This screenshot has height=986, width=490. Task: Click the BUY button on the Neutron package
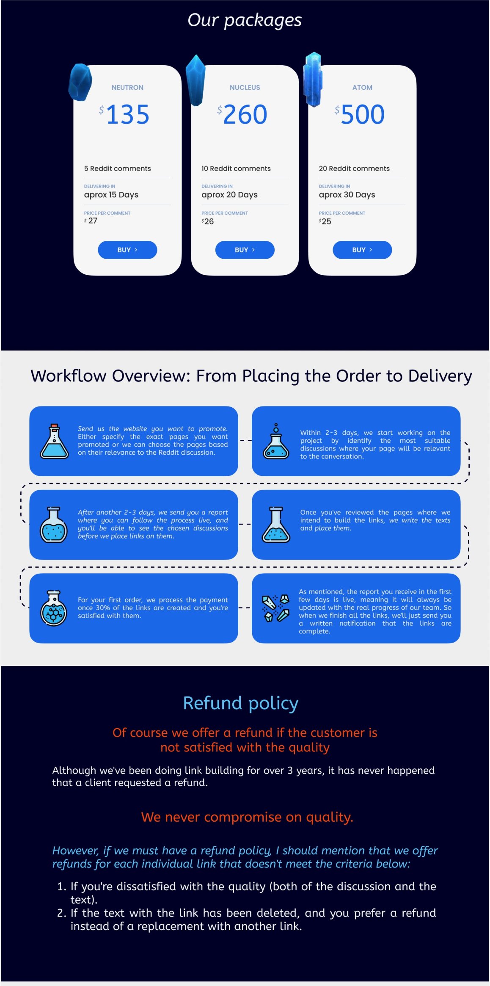pyautogui.click(x=127, y=250)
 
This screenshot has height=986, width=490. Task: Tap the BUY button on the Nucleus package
pyautogui.click(x=245, y=250)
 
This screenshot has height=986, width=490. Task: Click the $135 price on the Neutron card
pyautogui.click(x=124, y=114)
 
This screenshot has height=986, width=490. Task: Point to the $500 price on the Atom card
pyautogui.click(x=360, y=114)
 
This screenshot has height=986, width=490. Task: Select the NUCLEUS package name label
pyautogui.click(x=245, y=88)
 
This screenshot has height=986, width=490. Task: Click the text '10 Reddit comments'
pyautogui.click(x=236, y=168)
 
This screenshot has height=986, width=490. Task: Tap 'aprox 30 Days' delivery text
pyautogui.click(x=347, y=195)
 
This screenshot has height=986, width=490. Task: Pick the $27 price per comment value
pyautogui.click(x=91, y=221)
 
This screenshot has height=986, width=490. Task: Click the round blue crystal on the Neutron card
pyautogui.click(x=80, y=82)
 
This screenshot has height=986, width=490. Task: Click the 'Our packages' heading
pyautogui.click(x=245, y=20)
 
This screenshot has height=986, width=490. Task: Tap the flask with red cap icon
pyautogui.click(x=54, y=441)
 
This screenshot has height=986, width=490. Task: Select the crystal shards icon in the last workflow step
pyautogui.click(x=276, y=608)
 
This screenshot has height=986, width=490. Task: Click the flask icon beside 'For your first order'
pyautogui.click(x=54, y=608)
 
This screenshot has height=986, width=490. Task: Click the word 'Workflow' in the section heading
pyautogui.click(x=68, y=376)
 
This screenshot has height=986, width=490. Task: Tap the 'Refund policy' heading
pyautogui.click(x=241, y=703)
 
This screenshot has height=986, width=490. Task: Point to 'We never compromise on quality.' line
pyautogui.click(x=247, y=817)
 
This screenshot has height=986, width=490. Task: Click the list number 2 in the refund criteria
pyautogui.click(x=62, y=913)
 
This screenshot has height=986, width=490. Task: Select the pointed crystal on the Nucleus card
pyautogui.click(x=195, y=80)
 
